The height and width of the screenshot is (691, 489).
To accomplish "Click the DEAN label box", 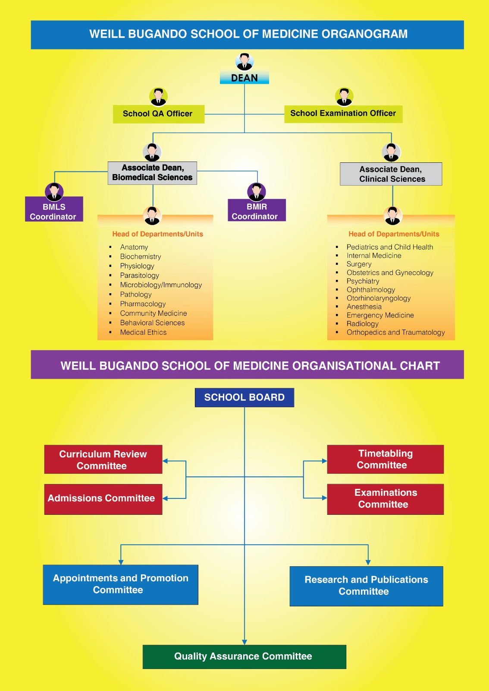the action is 244,77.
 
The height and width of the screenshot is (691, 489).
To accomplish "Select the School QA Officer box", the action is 159,114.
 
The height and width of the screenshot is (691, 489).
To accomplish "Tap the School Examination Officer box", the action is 343,114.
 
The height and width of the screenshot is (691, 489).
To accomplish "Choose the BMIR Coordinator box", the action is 257,210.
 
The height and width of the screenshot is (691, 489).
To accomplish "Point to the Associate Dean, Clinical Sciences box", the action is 391,174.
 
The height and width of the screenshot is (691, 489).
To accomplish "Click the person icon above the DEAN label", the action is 244,62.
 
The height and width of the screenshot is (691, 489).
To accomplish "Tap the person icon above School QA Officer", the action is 159,97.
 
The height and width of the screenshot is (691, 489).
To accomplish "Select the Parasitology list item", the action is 139,275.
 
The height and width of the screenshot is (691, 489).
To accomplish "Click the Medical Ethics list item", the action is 143,332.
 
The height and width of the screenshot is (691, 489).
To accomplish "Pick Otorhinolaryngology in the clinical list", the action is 379,298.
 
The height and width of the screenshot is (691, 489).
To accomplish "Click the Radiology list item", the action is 363,323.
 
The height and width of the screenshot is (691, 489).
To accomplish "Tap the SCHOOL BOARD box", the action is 244,397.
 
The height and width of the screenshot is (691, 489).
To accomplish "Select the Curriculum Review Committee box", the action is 103,460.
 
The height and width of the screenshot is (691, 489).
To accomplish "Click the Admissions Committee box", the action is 103,499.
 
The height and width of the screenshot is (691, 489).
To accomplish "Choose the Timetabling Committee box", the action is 385,459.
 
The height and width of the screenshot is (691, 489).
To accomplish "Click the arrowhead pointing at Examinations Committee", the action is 324,498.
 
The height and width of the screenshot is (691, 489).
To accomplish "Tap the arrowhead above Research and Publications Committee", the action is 368,563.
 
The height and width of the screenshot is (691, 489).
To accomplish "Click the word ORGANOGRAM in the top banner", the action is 364,34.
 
